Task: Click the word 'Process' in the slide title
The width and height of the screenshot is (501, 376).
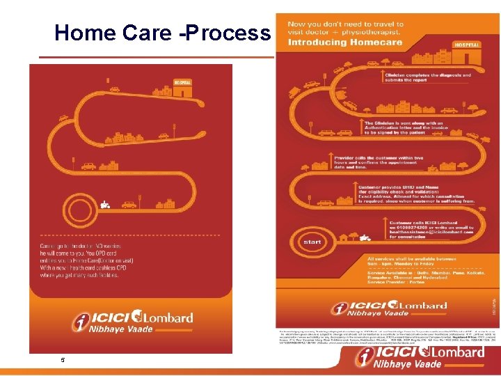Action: click(x=227, y=32)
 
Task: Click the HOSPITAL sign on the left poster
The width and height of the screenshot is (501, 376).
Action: click(x=182, y=81)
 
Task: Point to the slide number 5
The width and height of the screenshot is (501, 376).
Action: click(x=63, y=359)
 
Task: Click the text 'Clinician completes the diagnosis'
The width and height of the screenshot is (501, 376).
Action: click(x=417, y=75)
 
